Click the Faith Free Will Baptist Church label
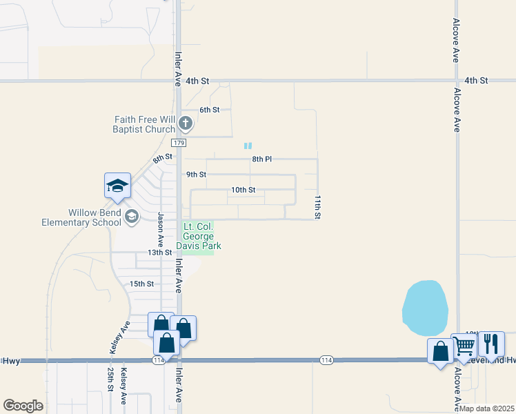click(145, 124)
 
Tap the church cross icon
click(185, 124)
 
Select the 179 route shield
click(179, 143)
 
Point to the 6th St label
click(209, 110)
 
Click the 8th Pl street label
click(261, 159)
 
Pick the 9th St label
click(196, 175)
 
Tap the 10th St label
click(243, 190)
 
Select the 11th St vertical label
click(318, 207)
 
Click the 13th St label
click(159, 253)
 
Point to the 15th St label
click(141, 284)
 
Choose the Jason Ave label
click(160, 230)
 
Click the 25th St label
click(110, 377)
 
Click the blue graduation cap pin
click(117, 186)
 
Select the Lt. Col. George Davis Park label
click(199, 236)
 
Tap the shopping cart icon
click(464, 345)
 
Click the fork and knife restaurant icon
click(490, 343)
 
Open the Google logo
click(23, 406)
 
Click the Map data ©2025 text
click(487, 408)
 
